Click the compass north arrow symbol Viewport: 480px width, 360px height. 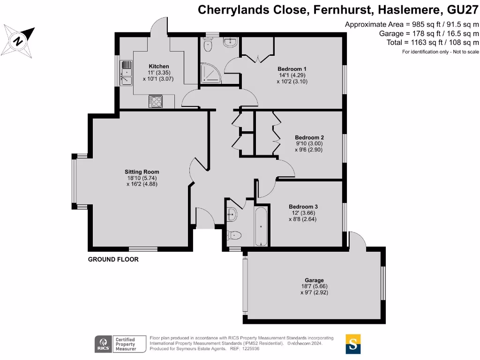pyautogui.click(x=19, y=40)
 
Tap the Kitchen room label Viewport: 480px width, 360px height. pyautogui.click(x=158, y=66)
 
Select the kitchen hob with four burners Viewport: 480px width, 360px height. pyautogui.click(x=156, y=101)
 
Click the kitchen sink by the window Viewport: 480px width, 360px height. pyautogui.click(x=127, y=74)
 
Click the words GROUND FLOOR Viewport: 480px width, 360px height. pyautogui.click(x=113, y=259)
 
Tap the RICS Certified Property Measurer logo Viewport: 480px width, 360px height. pyautogui.click(x=115, y=344)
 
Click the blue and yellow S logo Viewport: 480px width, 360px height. pyautogui.click(x=353, y=344)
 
